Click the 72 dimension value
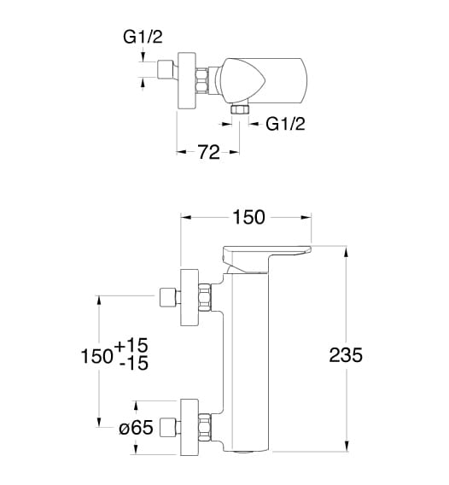click(x=209, y=152)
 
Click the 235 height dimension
click(x=346, y=354)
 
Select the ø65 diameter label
click(x=136, y=428)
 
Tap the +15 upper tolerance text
click(x=131, y=345)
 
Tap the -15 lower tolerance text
click(x=134, y=363)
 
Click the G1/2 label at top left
click(x=143, y=37)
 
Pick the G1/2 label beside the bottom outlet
click(x=285, y=124)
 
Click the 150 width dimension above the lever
click(x=249, y=217)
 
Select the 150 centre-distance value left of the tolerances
click(x=96, y=356)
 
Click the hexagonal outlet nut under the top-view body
click(x=240, y=109)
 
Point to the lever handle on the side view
click(x=266, y=259)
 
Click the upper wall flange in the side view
click(x=190, y=297)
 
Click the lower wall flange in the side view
click(x=190, y=427)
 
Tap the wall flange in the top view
click(x=186, y=81)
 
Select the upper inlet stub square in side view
click(x=167, y=297)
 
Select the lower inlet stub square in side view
click(x=167, y=428)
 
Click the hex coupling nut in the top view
click(x=201, y=81)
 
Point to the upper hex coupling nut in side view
click(x=204, y=297)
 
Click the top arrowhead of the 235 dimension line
click(x=347, y=252)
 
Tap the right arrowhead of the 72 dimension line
click(x=234, y=152)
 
